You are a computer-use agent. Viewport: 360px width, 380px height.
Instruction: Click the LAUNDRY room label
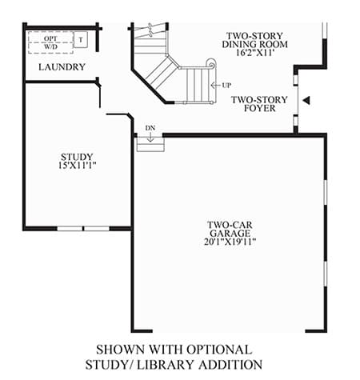click(62, 67)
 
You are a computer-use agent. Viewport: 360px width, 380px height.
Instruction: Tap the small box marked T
click(81, 40)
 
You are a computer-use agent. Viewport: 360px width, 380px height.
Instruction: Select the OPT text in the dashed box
click(50, 38)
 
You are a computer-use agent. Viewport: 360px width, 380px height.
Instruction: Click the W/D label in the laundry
click(50, 47)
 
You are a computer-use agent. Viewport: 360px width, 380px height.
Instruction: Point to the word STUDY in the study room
click(77, 157)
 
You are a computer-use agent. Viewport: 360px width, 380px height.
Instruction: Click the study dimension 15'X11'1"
click(77, 166)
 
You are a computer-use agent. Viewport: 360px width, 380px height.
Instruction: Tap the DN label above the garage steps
click(150, 128)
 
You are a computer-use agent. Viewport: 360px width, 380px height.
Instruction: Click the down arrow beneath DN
click(150, 137)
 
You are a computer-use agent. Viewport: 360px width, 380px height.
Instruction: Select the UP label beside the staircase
click(226, 86)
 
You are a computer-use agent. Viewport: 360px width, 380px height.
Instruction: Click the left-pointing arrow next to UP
click(215, 86)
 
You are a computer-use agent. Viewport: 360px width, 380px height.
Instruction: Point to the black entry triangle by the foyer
click(306, 100)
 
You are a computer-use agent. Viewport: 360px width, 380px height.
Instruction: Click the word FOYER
click(260, 108)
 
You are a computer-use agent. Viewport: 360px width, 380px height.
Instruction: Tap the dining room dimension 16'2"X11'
click(255, 53)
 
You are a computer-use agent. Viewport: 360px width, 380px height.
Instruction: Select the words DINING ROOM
click(255, 44)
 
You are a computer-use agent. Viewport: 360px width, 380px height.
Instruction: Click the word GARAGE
click(230, 234)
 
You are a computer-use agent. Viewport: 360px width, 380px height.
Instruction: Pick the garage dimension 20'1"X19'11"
click(230, 242)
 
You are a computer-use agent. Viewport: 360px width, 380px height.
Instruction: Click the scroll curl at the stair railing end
click(211, 64)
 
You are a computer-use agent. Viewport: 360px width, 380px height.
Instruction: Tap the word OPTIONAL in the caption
click(219, 350)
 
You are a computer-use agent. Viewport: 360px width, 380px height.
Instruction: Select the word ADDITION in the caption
click(230, 365)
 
